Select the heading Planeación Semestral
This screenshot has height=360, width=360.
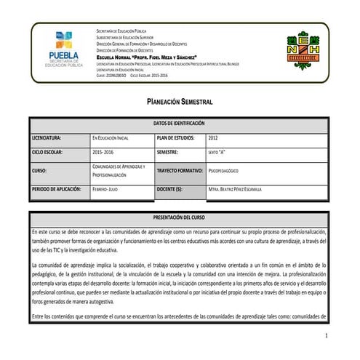[179, 105]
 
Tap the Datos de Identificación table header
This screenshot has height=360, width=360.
[179, 124]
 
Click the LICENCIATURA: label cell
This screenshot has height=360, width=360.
[47, 138]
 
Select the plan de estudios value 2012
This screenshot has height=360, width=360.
[213, 138]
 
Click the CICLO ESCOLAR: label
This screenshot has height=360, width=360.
[49, 153]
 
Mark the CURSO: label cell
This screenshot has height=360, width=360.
[39, 171]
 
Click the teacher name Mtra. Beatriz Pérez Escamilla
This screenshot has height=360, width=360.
[245, 190]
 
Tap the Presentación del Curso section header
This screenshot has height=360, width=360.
[179, 217]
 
